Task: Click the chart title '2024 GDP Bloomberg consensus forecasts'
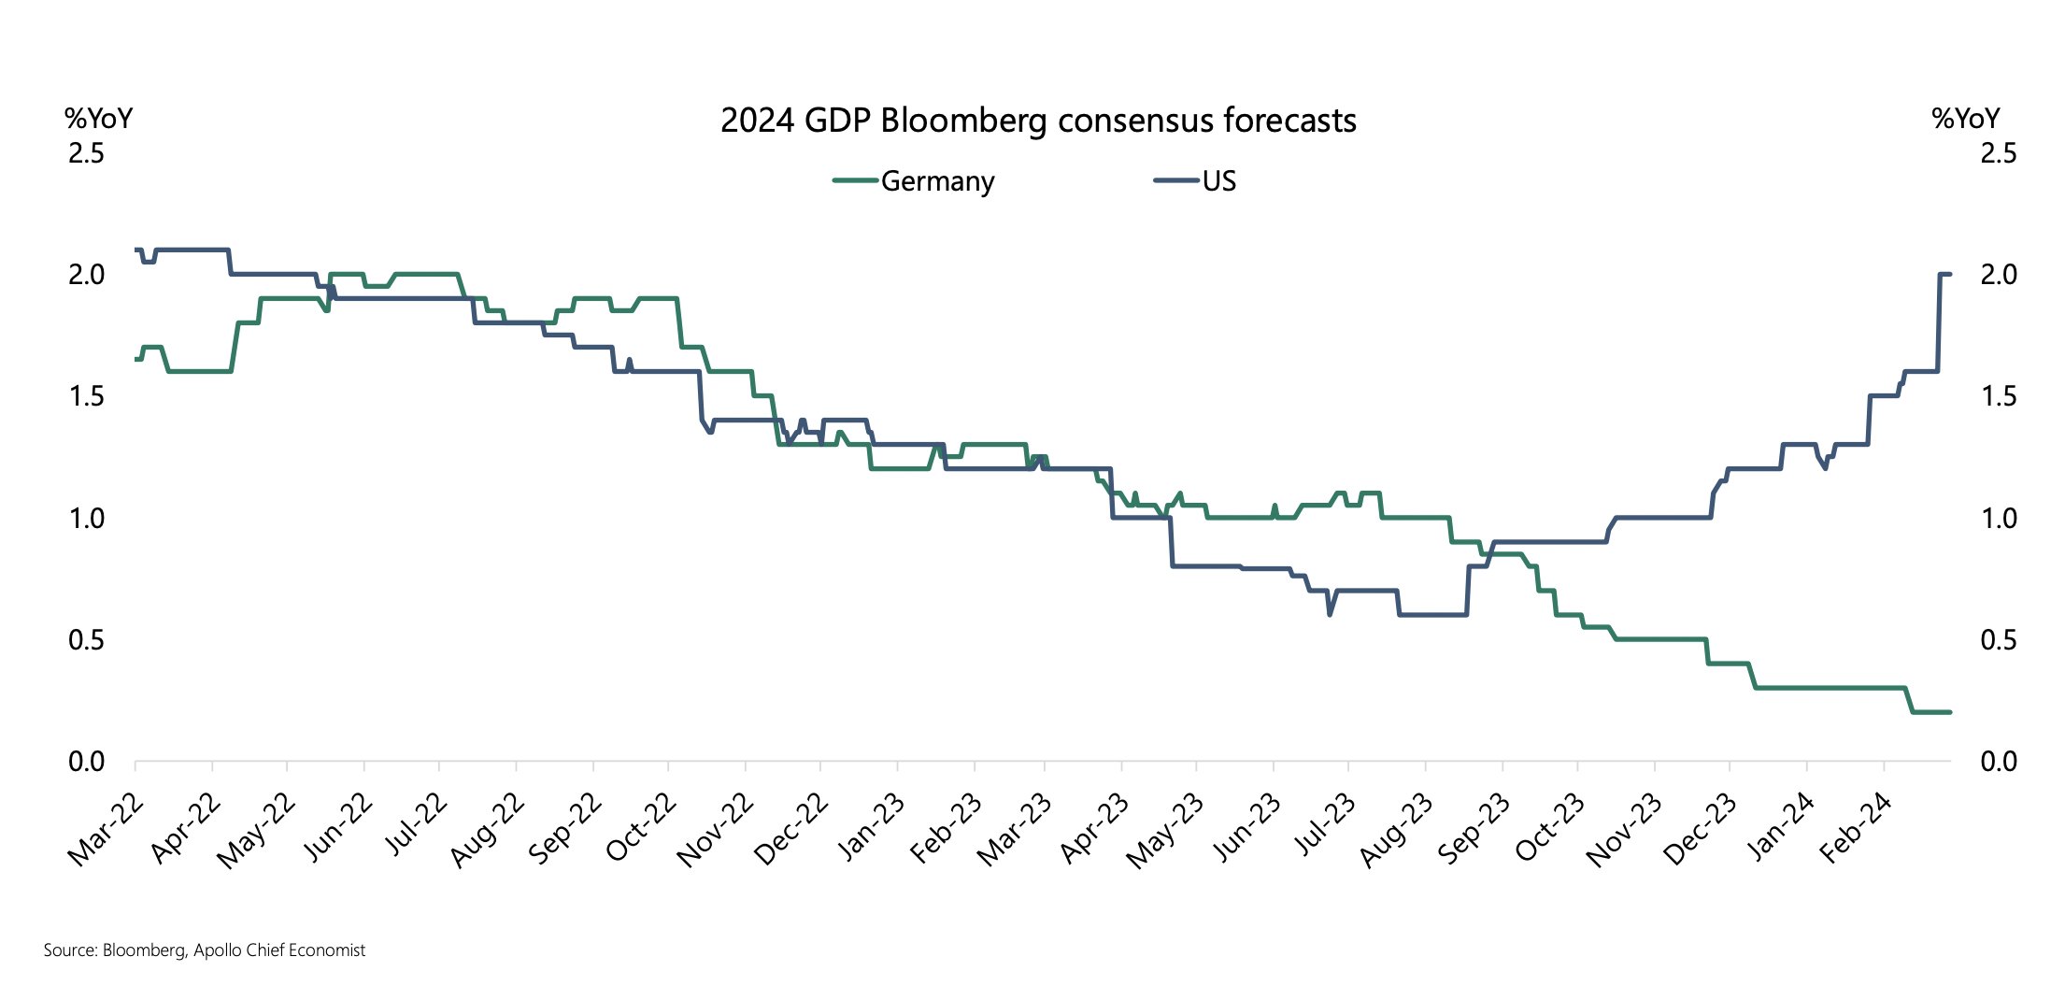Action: [1038, 121]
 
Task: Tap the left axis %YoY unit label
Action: [98, 119]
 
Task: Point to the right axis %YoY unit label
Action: [1966, 119]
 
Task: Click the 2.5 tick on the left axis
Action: [86, 153]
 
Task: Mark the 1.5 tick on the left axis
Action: [86, 396]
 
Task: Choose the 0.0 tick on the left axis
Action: [86, 762]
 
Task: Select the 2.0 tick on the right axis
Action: [1998, 275]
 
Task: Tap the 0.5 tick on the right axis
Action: [1998, 640]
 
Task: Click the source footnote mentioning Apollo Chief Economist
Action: [205, 950]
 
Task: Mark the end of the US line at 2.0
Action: [1949, 274]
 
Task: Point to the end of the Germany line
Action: [1949, 712]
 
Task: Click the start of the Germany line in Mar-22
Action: [136, 359]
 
